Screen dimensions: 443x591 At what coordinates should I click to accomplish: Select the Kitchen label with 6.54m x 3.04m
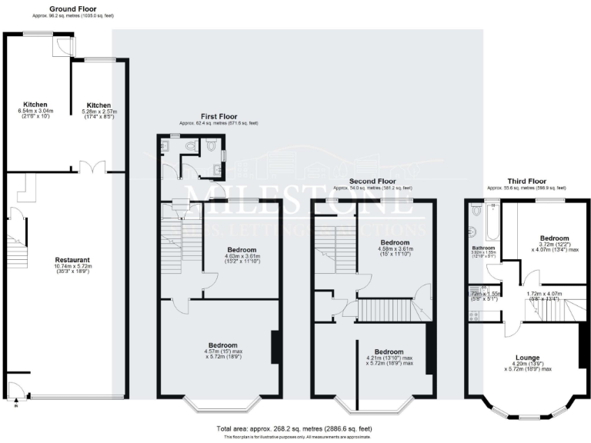(x=35, y=105)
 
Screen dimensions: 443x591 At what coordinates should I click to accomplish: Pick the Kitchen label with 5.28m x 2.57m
(x=99, y=105)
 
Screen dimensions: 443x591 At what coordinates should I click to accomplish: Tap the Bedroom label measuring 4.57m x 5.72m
(x=220, y=345)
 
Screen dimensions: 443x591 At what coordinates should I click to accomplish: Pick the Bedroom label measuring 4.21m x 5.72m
(x=389, y=351)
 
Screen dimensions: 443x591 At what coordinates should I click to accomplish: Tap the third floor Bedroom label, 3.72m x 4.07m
(x=554, y=238)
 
